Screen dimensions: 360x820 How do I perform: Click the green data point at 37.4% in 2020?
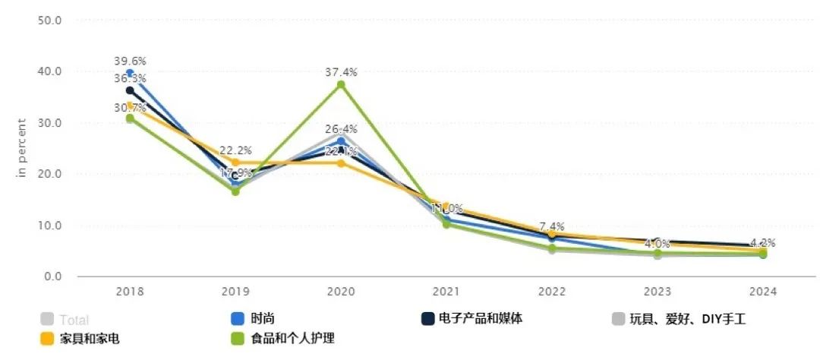[341, 84]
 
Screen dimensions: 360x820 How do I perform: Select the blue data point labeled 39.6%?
[130, 73]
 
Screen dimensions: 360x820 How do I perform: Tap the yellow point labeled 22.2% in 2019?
[235, 162]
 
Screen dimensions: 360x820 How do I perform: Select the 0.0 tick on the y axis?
[52, 276]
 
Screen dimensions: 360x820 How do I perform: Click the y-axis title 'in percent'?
[22, 148]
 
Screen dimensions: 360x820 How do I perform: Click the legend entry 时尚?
[262, 320]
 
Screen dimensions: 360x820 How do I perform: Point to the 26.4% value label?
[341, 128]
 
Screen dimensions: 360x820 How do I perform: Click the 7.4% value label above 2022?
[551, 227]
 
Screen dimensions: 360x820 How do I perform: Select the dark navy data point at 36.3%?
[130, 90]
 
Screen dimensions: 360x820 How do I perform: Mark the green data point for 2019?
[235, 191]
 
